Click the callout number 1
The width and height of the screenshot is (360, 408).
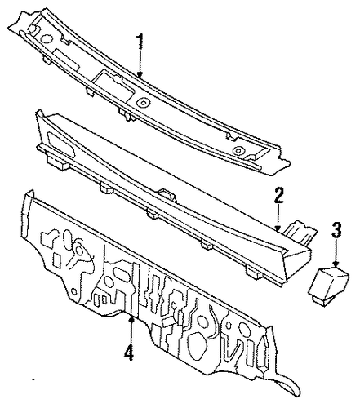140,41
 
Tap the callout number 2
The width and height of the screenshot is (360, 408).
278,195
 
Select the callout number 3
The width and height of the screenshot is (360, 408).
336,230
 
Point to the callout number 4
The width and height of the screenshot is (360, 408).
129,353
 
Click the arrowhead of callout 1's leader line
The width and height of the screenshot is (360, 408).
140,74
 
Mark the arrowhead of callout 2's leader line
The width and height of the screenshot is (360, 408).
278,228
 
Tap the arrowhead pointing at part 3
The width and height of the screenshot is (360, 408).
336,264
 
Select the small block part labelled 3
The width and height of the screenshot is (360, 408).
328,286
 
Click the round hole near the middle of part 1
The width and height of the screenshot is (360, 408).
143,103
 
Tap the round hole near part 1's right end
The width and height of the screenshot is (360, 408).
238,150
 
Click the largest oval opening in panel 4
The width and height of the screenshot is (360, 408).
197,345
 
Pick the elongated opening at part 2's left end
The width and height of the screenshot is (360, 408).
61,144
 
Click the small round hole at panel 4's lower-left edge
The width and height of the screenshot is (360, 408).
74,291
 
